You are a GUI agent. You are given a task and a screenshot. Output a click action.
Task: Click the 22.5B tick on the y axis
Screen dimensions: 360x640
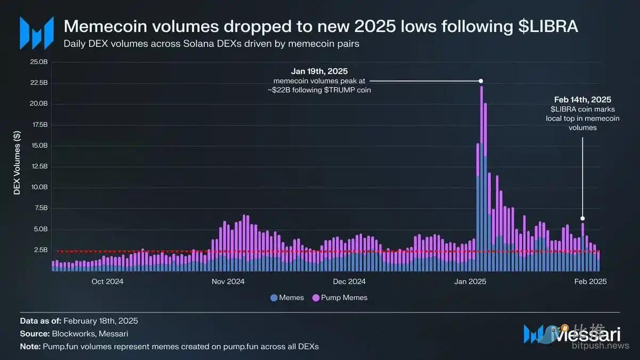click(x=41, y=83)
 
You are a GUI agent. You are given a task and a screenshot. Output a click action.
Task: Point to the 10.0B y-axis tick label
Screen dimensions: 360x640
click(x=41, y=187)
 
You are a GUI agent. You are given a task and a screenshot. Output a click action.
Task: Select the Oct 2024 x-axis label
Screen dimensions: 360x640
click(x=107, y=281)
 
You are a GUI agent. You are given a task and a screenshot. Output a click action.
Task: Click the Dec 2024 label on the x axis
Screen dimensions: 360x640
click(x=349, y=281)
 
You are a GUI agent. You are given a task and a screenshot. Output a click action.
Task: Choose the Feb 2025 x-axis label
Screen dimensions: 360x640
click(x=590, y=281)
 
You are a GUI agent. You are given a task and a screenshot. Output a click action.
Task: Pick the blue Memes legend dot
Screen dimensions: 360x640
click(x=274, y=298)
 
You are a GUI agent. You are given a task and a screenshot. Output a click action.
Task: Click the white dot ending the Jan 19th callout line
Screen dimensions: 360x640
click(x=481, y=81)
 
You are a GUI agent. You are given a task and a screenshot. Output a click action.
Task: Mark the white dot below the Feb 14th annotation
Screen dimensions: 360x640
click(x=582, y=218)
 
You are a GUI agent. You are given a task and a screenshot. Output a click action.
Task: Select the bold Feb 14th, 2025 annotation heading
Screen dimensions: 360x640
click(x=582, y=100)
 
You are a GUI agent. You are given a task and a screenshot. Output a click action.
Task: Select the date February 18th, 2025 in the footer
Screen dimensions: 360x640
click(x=101, y=321)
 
